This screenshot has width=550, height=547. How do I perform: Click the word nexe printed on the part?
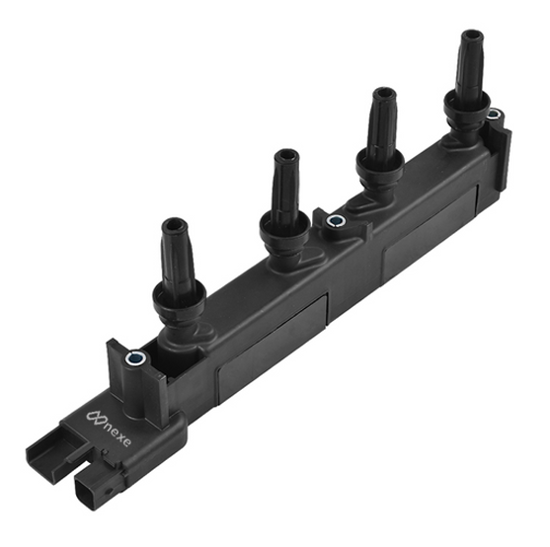(x=117, y=431)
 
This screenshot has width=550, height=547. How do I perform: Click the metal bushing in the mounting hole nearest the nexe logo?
(x=135, y=358)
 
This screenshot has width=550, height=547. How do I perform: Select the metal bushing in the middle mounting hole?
(x=335, y=221)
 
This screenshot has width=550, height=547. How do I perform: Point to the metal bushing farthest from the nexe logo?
(x=495, y=114)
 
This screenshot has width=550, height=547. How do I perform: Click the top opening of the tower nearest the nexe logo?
(x=174, y=225)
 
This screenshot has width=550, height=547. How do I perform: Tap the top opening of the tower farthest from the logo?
(x=472, y=37)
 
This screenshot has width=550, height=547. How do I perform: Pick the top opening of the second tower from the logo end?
(x=286, y=155)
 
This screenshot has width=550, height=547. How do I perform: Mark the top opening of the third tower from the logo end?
(x=384, y=94)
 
